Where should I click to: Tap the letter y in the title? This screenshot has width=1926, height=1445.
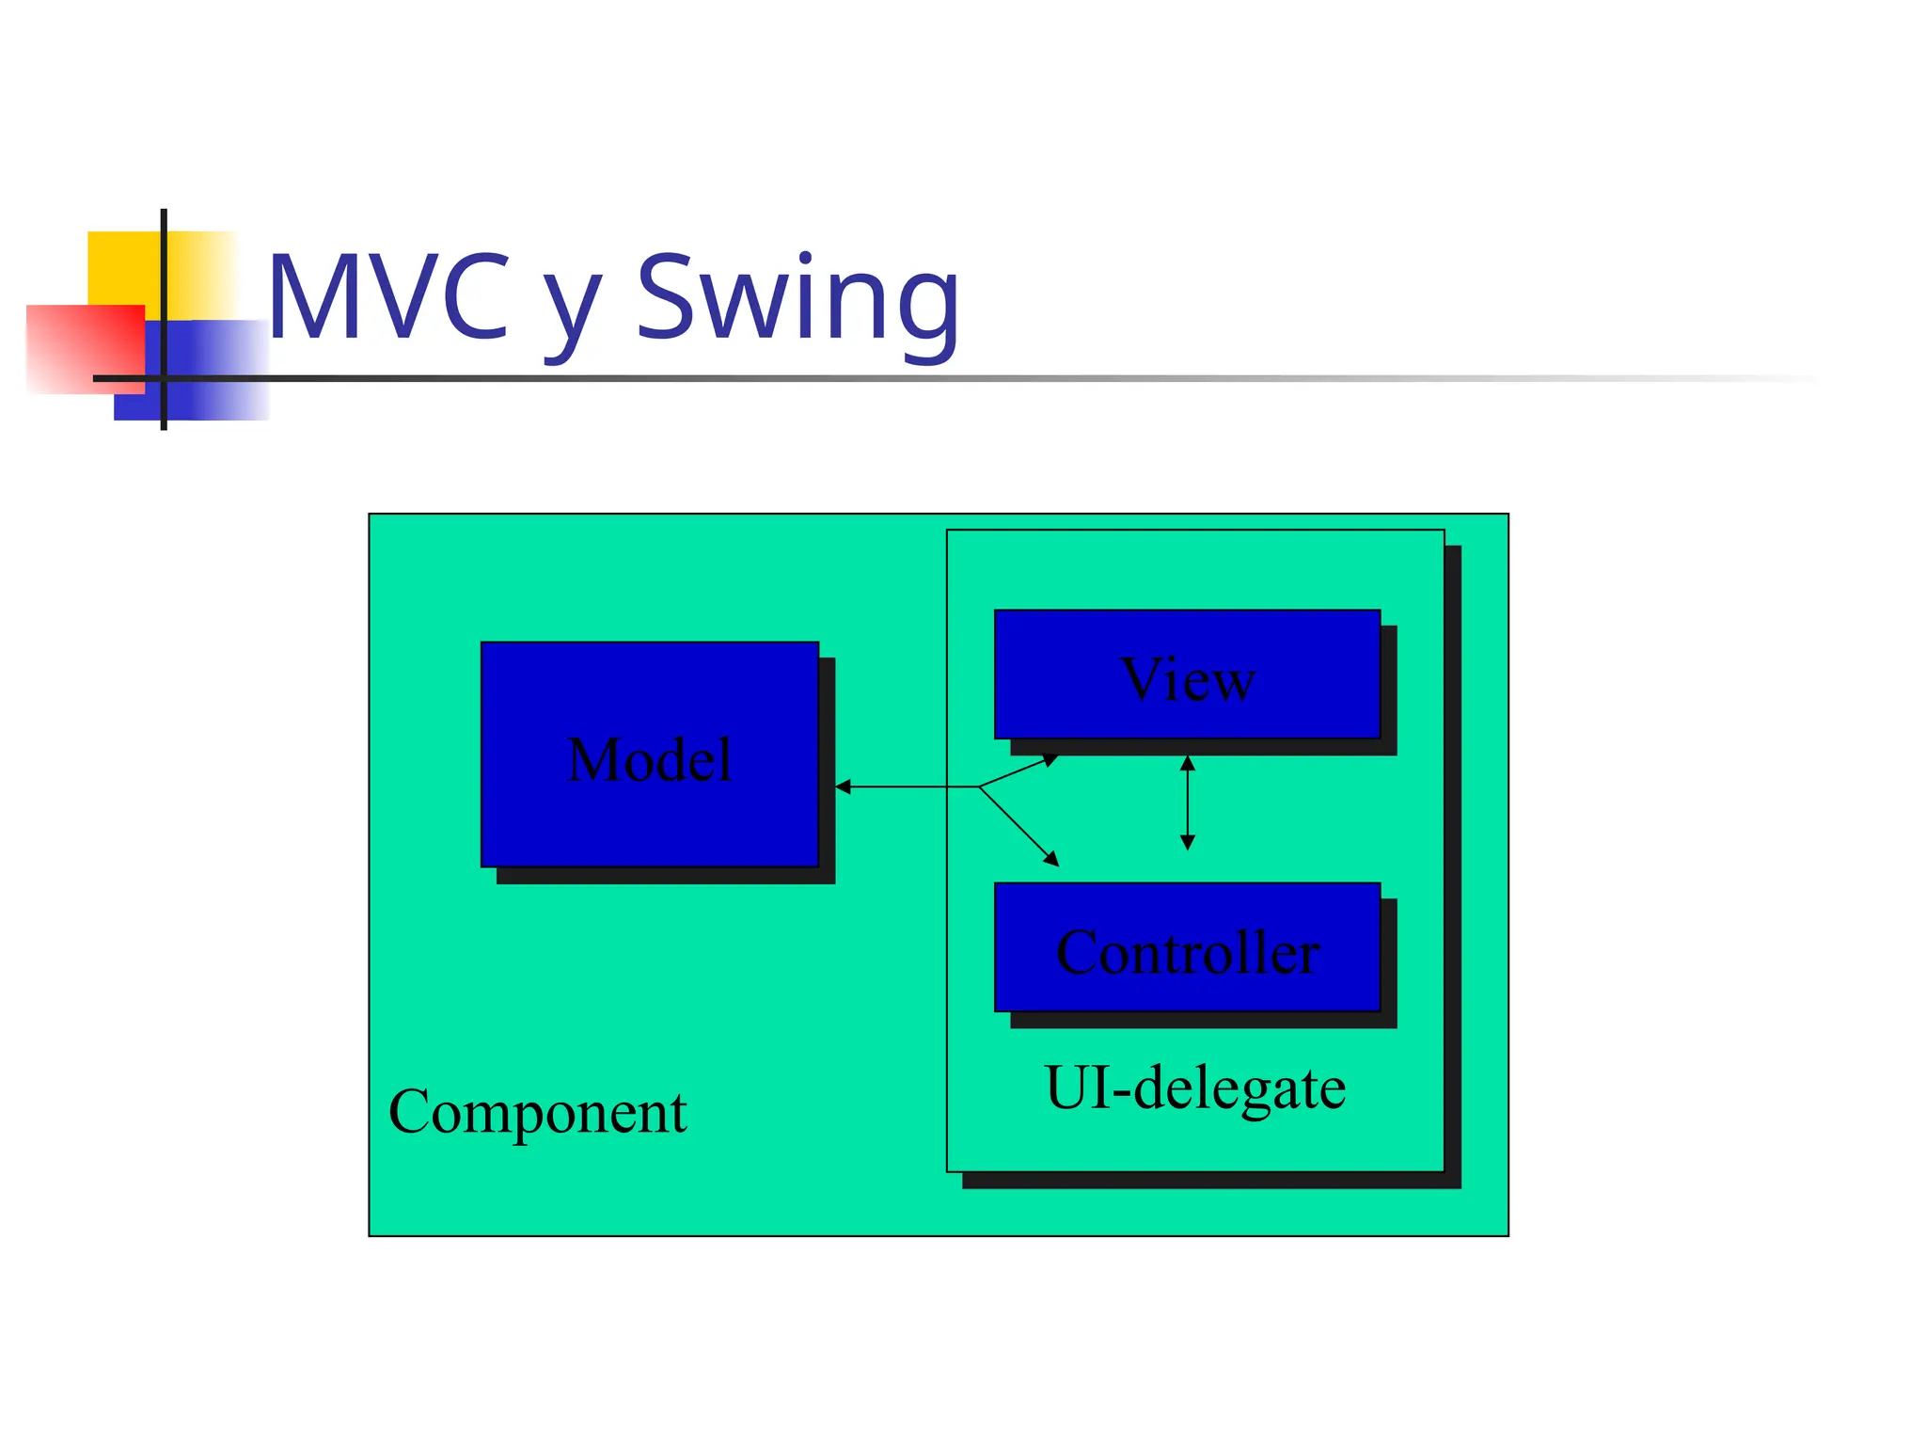pos(572,310)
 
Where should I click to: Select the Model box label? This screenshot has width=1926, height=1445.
pos(649,759)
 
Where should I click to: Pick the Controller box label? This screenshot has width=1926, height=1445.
pos(1188,952)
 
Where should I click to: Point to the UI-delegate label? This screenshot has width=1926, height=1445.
pos(1194,1088)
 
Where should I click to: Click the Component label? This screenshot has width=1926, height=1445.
pos(537,1113)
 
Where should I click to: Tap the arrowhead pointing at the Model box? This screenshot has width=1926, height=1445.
pos(843,786)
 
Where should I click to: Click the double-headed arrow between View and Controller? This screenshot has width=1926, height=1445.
pos(1188,802)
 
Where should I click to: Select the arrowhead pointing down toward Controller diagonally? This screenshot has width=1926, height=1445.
pos(1052,859)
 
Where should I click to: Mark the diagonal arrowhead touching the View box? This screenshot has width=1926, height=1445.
pos(1050,760)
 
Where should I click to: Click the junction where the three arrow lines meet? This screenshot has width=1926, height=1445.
pos(979,786)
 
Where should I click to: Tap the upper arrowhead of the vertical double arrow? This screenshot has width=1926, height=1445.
pos(1188,763)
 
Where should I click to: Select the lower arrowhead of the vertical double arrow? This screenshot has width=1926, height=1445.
pos(1188,843)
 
